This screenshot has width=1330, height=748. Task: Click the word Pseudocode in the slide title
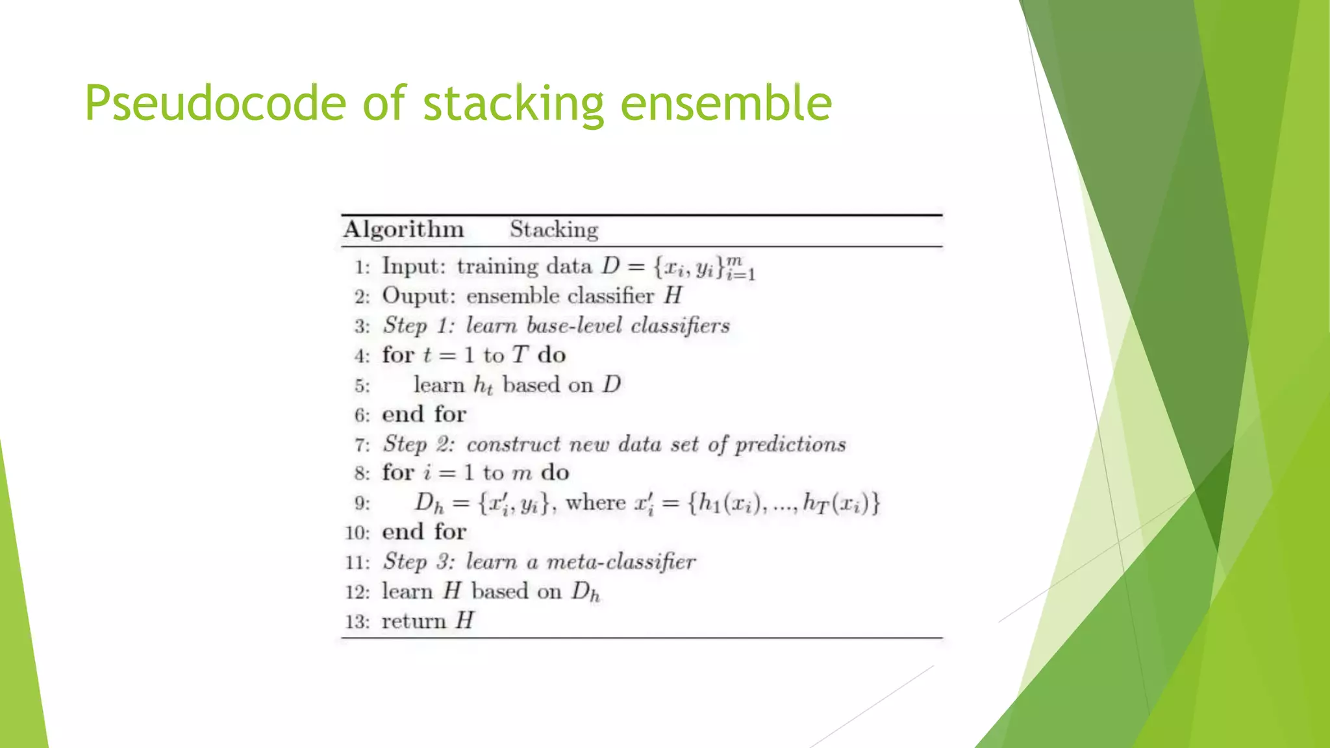tap(215, 103)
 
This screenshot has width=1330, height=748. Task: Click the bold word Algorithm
tap(403, 230)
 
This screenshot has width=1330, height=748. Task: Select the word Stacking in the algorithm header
tap(553, 230)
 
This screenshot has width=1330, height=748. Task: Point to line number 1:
tap(362, 268)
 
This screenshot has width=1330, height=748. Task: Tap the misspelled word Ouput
tap(418, 297)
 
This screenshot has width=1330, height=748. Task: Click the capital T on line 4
tap(520, 355)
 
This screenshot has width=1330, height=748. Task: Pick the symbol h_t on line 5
tap(483, 385)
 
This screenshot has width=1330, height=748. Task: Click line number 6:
tap(362, 416)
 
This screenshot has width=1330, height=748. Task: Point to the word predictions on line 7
tap(790, 445)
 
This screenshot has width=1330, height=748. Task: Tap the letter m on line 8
tap(521, 474)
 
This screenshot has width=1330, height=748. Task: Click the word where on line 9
tap(596, 503)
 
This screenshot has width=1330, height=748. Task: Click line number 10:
tap(357, 533)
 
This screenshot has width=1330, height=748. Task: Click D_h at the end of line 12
tap(585, 592)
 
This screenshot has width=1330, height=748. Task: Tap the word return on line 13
tap(413, 621)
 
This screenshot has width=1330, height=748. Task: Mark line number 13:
tap(357, 622)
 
